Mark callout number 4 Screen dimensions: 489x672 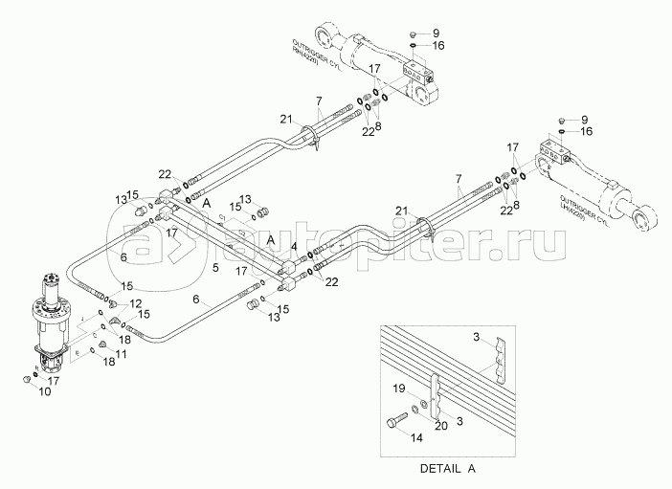pos(294,247)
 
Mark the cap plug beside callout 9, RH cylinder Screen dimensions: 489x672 pos(410,30)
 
